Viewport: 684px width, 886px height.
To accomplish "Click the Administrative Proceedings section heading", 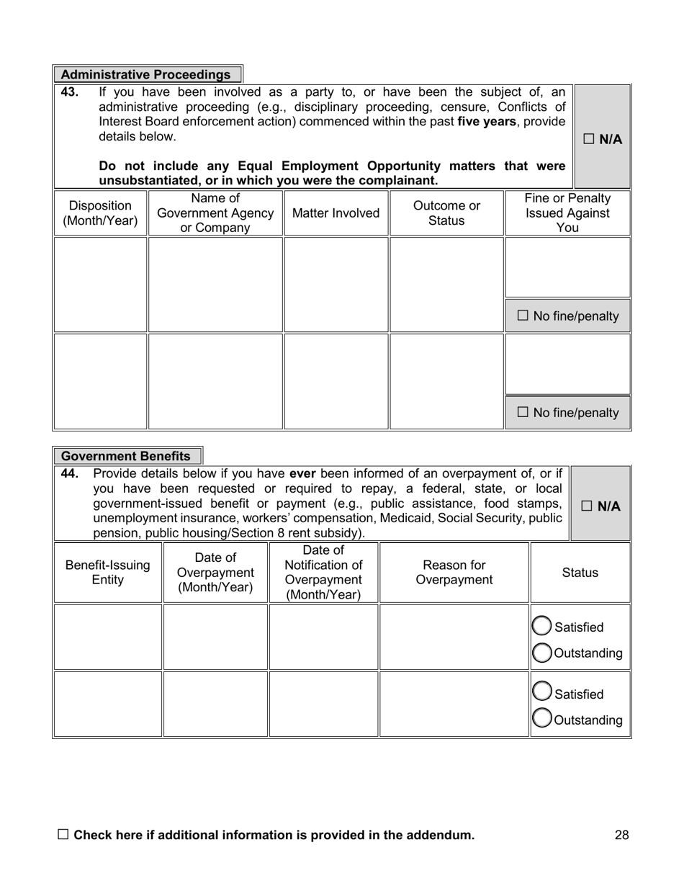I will click(x=146, y=75).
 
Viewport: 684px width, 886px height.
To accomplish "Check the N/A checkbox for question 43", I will click(x=589, y=139).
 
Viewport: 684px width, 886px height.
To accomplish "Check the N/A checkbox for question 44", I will click(x=587, y=506).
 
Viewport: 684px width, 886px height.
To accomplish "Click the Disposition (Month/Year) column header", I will click(x=100, y=213).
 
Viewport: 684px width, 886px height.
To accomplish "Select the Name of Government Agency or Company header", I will click(x=215, y=213).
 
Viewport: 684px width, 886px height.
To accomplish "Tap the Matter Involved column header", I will click(x=336, y=213).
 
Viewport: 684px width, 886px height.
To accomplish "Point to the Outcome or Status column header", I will click(x=446, y=213).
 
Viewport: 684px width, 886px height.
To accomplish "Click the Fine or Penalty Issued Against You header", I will click(x=567, y=213).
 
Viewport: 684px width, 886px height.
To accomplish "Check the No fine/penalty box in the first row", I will click(x=523, y=316).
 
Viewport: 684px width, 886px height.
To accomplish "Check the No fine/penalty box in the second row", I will click(x=523, y=412).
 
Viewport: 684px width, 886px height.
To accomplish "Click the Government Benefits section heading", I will click(x=126, y=456).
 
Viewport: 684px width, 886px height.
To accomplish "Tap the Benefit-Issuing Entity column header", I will click(x=108, y=573).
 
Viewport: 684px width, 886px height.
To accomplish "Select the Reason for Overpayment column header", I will click(x=454, y=573).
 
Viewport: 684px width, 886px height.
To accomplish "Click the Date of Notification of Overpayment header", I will click(x=323, y=573).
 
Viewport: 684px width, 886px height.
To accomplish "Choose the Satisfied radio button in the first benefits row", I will click(x=541, y=627).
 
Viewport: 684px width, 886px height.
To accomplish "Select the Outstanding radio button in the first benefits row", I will click(x=541, y=653).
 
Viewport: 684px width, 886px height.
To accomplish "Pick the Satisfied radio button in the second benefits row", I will click(x=541, y=692).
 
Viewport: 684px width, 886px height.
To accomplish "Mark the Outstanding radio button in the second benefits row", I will click(x=541, y=718).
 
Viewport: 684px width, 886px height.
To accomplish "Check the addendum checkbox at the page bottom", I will click(x=63, y=834).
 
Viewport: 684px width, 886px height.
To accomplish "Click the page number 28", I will click(x=622, y=835).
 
